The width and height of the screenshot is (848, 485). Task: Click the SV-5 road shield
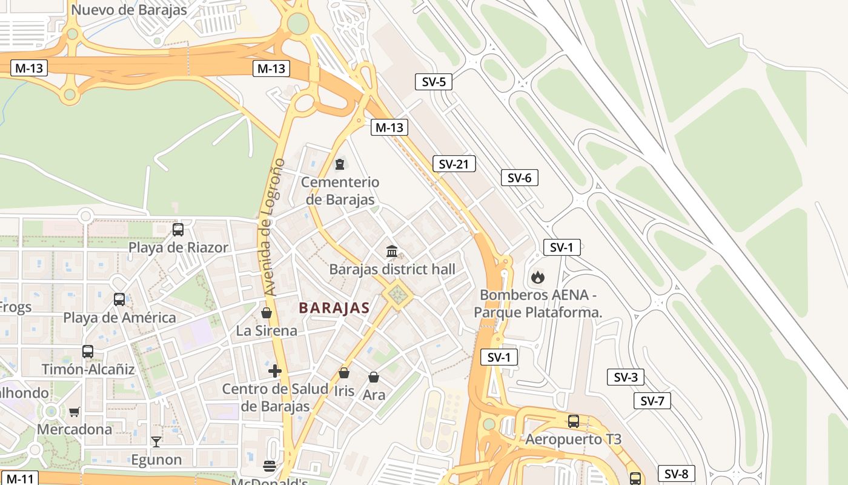pos(434,81)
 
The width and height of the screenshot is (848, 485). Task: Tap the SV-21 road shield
pos(454,164)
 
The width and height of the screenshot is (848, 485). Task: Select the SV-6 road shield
pos(519,178)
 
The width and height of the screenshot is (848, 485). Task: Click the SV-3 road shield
pos(625,377)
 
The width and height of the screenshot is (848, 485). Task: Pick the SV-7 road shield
pos(652,401)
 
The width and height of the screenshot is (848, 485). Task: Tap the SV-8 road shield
pos(676,474)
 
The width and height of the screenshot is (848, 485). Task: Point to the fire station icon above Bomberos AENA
pos(537,278)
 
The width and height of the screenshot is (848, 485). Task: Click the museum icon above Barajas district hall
pos(392,251)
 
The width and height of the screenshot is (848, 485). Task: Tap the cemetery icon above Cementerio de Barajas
pos(339,164)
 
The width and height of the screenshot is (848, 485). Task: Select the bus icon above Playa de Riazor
pos(178,230)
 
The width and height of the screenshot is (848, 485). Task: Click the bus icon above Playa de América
pos(119,299)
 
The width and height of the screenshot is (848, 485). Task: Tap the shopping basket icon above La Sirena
pos(266,313)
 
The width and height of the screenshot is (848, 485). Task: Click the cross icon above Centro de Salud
pos(275,371)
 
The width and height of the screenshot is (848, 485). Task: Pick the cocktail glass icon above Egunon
pos(156,442)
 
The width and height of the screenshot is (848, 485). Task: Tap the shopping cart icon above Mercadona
pos(74,412)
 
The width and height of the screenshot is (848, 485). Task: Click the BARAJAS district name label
pos(334,308)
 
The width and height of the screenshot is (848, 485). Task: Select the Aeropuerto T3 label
pos(573,440)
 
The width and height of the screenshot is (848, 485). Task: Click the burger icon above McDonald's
pos(270,466)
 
